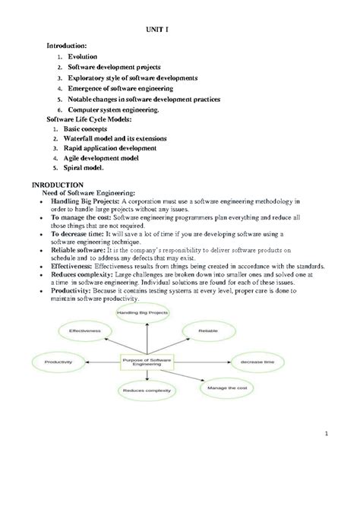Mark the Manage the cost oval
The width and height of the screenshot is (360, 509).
click(223, 388)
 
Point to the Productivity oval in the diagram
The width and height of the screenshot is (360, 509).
click(58, 362)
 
